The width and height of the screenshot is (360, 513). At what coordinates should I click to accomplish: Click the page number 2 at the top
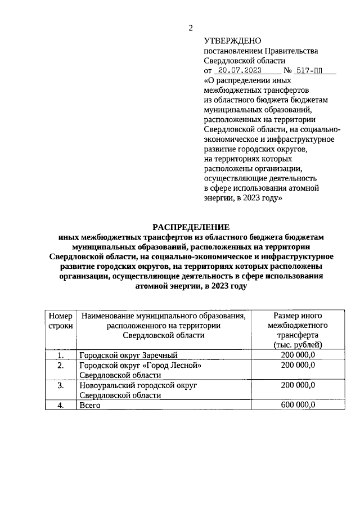pos(190,28)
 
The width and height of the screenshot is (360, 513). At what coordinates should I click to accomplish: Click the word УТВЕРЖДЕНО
pos(232,40)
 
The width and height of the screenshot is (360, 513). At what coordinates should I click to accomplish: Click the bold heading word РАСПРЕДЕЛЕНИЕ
pos(191,227)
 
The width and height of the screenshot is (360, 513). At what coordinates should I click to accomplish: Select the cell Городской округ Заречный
pos(129,355)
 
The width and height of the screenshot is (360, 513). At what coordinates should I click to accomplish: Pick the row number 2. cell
pos(61,366)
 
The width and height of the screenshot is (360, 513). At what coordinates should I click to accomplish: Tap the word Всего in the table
pos(90,406)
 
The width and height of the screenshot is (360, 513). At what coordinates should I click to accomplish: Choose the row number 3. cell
pos(61,386)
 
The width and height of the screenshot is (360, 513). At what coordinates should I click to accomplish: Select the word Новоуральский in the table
pos(107,386)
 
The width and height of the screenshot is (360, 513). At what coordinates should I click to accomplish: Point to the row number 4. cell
pos(61,406)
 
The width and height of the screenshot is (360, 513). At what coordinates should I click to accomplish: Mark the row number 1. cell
pos(61,355)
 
